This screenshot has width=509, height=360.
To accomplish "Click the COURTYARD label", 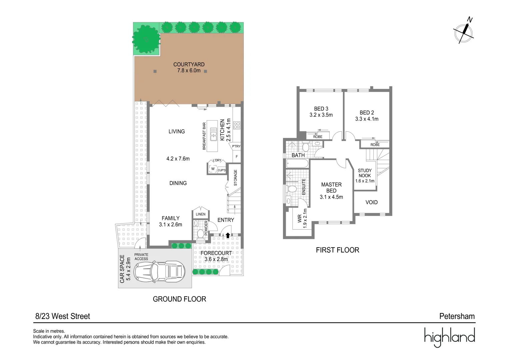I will click(189, 64).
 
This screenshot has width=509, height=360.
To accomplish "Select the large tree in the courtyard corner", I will click(146, 39).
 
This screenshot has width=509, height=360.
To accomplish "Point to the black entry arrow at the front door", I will click(228, 235).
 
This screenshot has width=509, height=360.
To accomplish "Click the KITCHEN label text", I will click(222, 130).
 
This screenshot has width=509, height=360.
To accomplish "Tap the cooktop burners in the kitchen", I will click(237, 125).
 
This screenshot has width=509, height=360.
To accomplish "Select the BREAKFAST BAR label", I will click(204, 136).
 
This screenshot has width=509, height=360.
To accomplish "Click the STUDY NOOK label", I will click(365, 173).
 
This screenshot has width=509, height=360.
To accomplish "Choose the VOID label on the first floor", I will click(371, 202).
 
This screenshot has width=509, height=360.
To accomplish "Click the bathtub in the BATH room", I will click(297, 163).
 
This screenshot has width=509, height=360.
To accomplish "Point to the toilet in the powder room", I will click(201, 233).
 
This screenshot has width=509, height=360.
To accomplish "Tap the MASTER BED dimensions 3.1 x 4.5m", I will click(331, 197).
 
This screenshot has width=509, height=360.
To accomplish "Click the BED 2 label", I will click(367, 113).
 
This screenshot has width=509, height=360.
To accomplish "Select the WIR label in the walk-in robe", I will click(300, 218).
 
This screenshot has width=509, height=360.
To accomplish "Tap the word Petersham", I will click(457, 316).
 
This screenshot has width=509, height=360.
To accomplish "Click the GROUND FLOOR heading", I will click(179, 299).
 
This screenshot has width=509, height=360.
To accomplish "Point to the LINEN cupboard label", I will click(201, 214).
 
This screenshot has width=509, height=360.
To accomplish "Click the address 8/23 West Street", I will click(63, 316).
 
